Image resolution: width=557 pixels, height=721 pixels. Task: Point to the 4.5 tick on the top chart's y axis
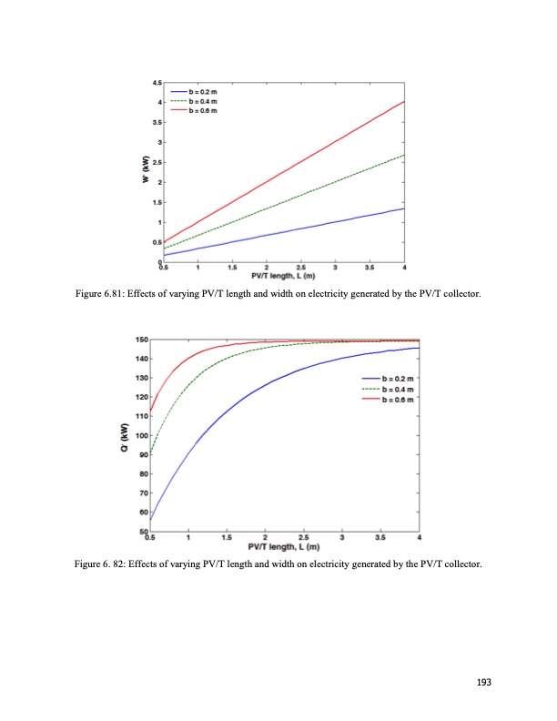(157, 83)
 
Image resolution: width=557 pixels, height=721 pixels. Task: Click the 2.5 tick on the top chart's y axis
(157, 163)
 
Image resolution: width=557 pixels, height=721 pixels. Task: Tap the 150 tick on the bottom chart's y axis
(142, 340)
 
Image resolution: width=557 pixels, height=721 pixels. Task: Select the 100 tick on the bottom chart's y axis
(142, 435)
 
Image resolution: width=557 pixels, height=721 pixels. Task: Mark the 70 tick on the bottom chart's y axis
(144, 493)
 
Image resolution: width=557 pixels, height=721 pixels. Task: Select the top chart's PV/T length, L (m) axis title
(283, 277)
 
